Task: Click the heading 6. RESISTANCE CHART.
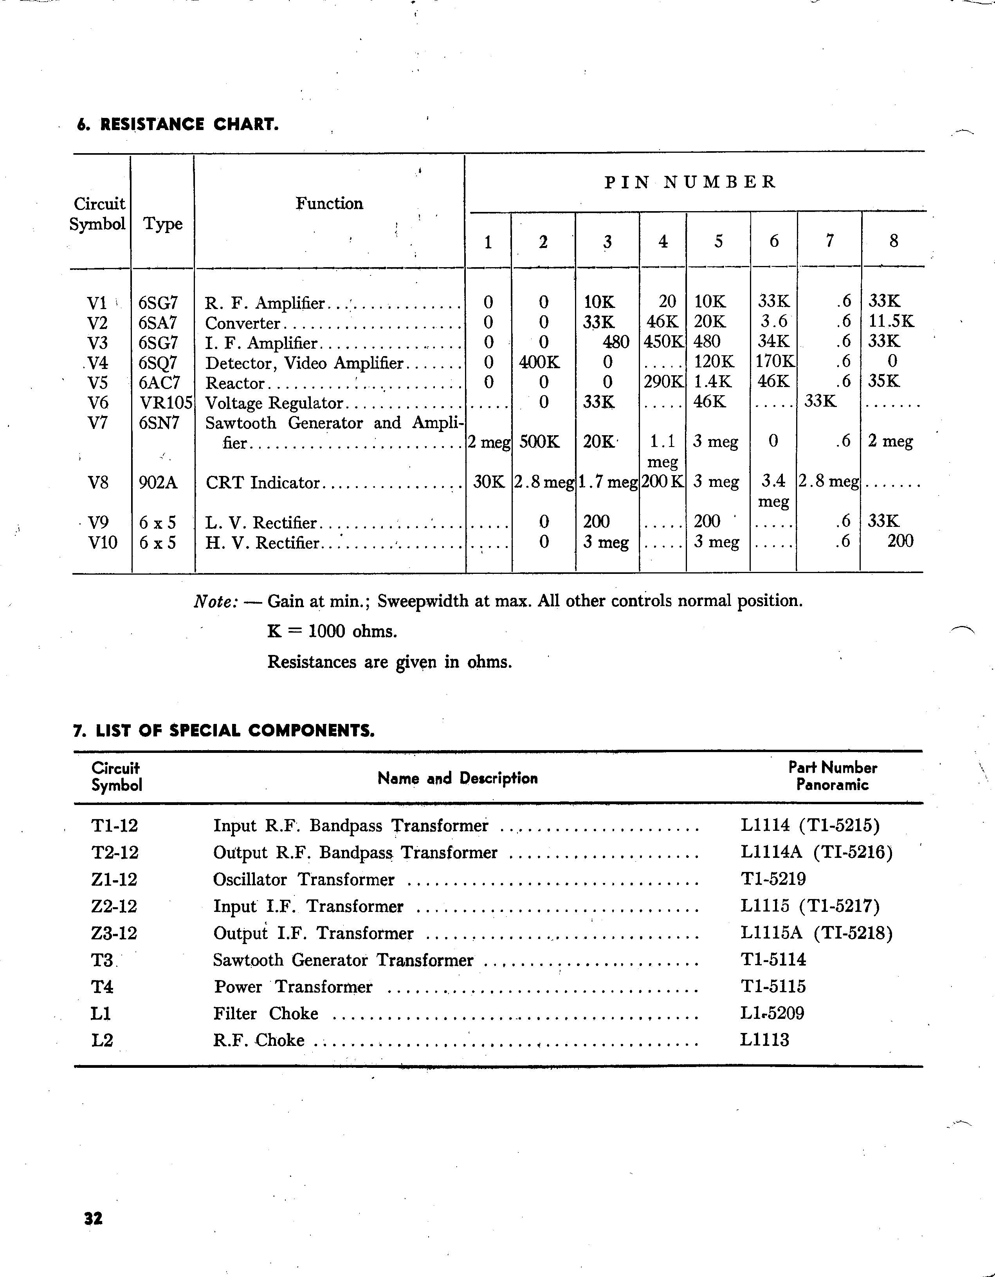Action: coord(178,125)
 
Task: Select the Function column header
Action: coord(329,203)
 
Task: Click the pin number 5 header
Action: coord(718,241)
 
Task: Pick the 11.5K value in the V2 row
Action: coord(891,322)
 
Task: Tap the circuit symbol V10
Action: coord(102,543)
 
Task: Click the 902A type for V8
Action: coord(158,482)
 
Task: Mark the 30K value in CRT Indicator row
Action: coord(488,482)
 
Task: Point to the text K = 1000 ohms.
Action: coord(332,631)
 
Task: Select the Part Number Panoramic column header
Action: coord(832,776)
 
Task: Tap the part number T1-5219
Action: coord(773,879)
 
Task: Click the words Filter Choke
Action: coord(265,1013)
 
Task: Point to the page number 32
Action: coord(94,1218)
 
